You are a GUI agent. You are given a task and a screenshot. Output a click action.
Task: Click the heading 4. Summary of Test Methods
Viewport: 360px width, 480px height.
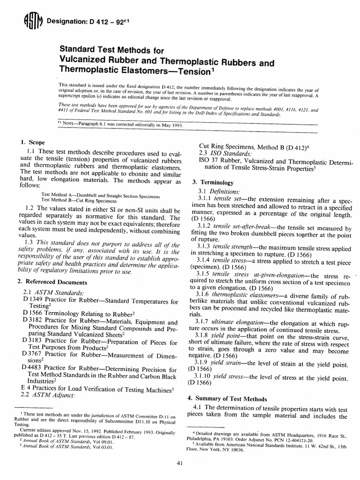click(227, 398)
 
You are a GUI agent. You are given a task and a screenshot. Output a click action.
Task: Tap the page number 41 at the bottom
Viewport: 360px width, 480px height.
click(180, 464)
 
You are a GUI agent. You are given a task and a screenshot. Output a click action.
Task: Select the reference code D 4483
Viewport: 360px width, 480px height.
click(32, 369)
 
